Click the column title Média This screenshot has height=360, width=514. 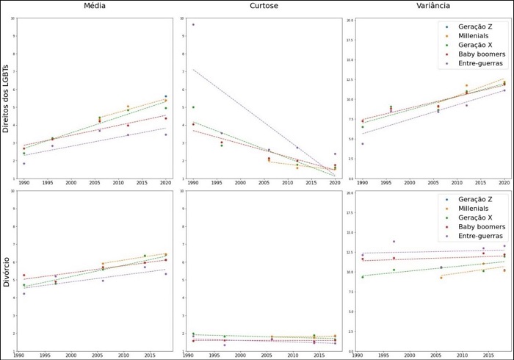93,7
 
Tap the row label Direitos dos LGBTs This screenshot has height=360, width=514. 7,97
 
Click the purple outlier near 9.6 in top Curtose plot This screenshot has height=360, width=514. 193,24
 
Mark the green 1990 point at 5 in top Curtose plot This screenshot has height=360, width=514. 193,107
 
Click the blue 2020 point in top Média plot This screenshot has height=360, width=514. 166,96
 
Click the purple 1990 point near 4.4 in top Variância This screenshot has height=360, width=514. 362,144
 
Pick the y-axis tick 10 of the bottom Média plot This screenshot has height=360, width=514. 13,193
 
